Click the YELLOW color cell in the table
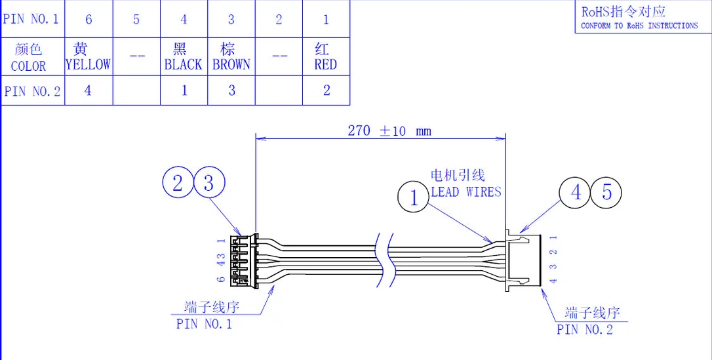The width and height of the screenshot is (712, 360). pyautogui.click(x=89, y=57)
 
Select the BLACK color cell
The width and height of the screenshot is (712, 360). pyautogui.click(x=184, y=57)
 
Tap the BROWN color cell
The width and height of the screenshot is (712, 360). pyautogui.click(x=231, y=57)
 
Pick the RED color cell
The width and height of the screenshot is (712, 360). pyautogui.click(x=326, y=57)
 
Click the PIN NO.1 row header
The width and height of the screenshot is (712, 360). pyautogui.click(x=32, y=19)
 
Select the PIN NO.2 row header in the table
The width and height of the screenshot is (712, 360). pyautogui.click(x=32, y=90)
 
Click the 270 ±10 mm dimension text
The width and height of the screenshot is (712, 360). pyautogui.click(x=389, y=131)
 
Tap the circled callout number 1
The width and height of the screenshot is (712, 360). pyautogui.click(x=413, y=198)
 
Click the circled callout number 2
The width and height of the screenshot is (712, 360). pyautogui.click(x=178, y=184)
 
